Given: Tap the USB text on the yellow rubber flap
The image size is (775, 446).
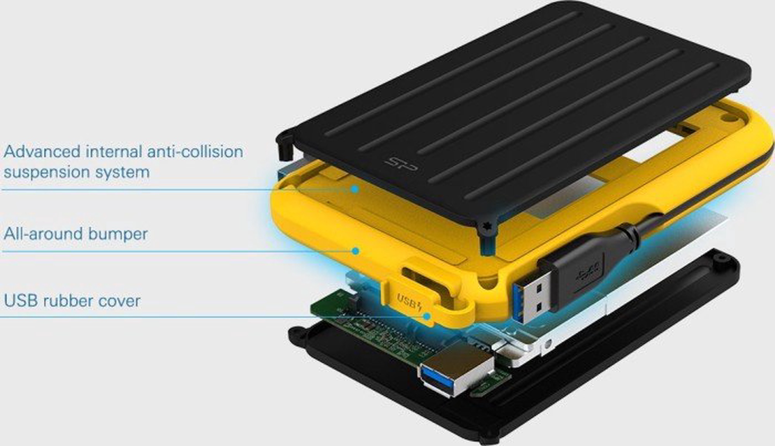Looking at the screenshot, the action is (x=406, y=300).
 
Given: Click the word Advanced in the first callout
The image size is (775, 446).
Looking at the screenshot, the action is (x=42, y=152).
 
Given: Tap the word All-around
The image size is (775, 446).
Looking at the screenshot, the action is (x=43, y=234).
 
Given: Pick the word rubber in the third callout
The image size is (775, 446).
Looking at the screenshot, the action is (x=65, y=301).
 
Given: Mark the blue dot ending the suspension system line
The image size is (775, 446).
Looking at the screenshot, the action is (x=355, y=189).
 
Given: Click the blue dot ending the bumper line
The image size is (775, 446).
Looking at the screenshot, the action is (x=355, y=251).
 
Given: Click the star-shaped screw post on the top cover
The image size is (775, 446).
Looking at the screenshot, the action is (x=487, y=226).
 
